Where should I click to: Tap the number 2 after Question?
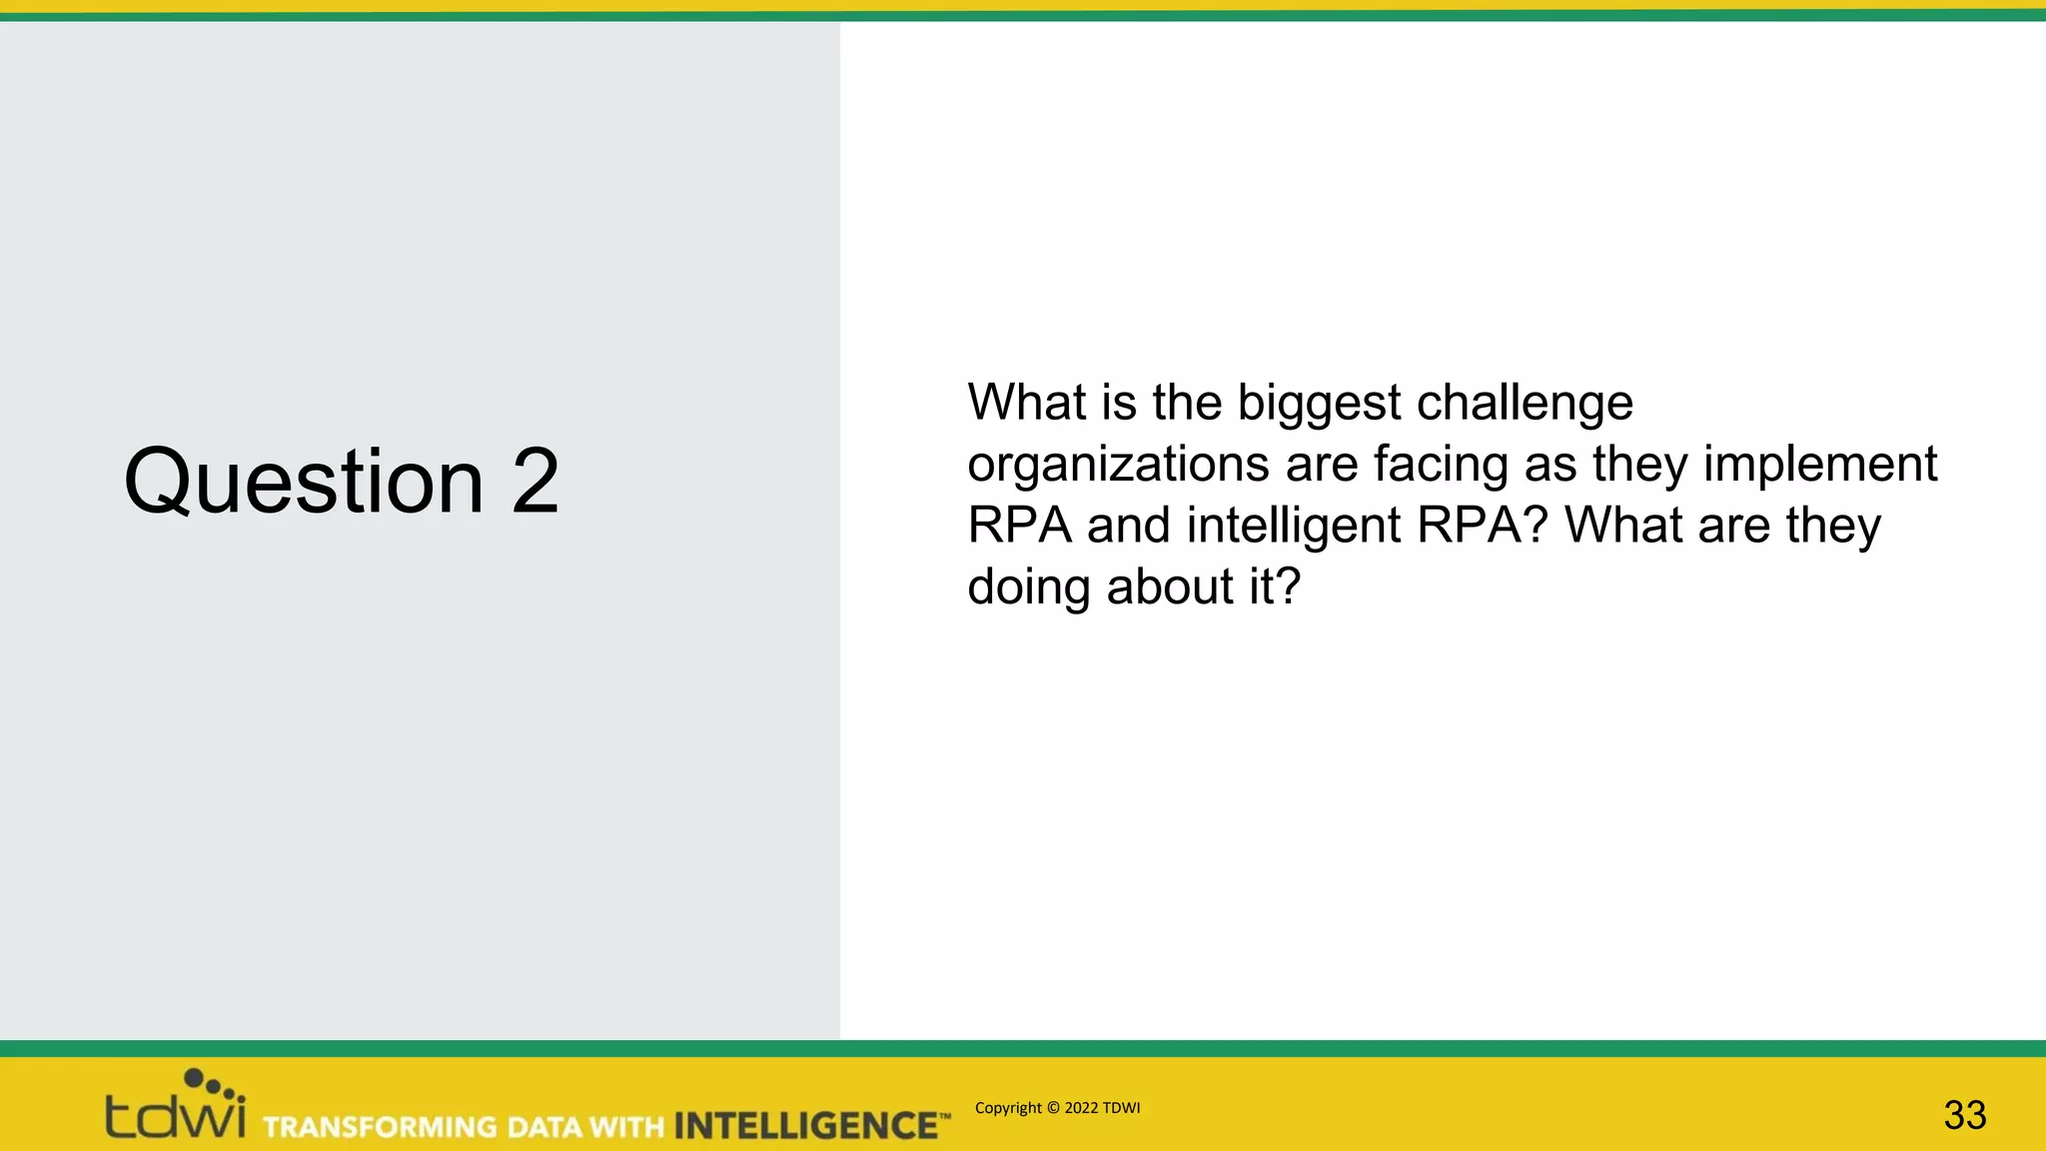(535, 481)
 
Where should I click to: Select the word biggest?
(1319, 404)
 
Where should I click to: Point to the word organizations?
(1118, 466)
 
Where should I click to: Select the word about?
(1170, 587)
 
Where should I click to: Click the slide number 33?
(1964, 1115)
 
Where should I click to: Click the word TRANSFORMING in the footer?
(380, 1127)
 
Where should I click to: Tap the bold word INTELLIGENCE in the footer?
(805, 1126)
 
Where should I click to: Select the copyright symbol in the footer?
(1053, 1108)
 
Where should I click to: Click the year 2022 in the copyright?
(1081, 1108)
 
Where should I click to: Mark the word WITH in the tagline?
(626, 1127)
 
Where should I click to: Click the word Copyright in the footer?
(1008, 1108)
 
